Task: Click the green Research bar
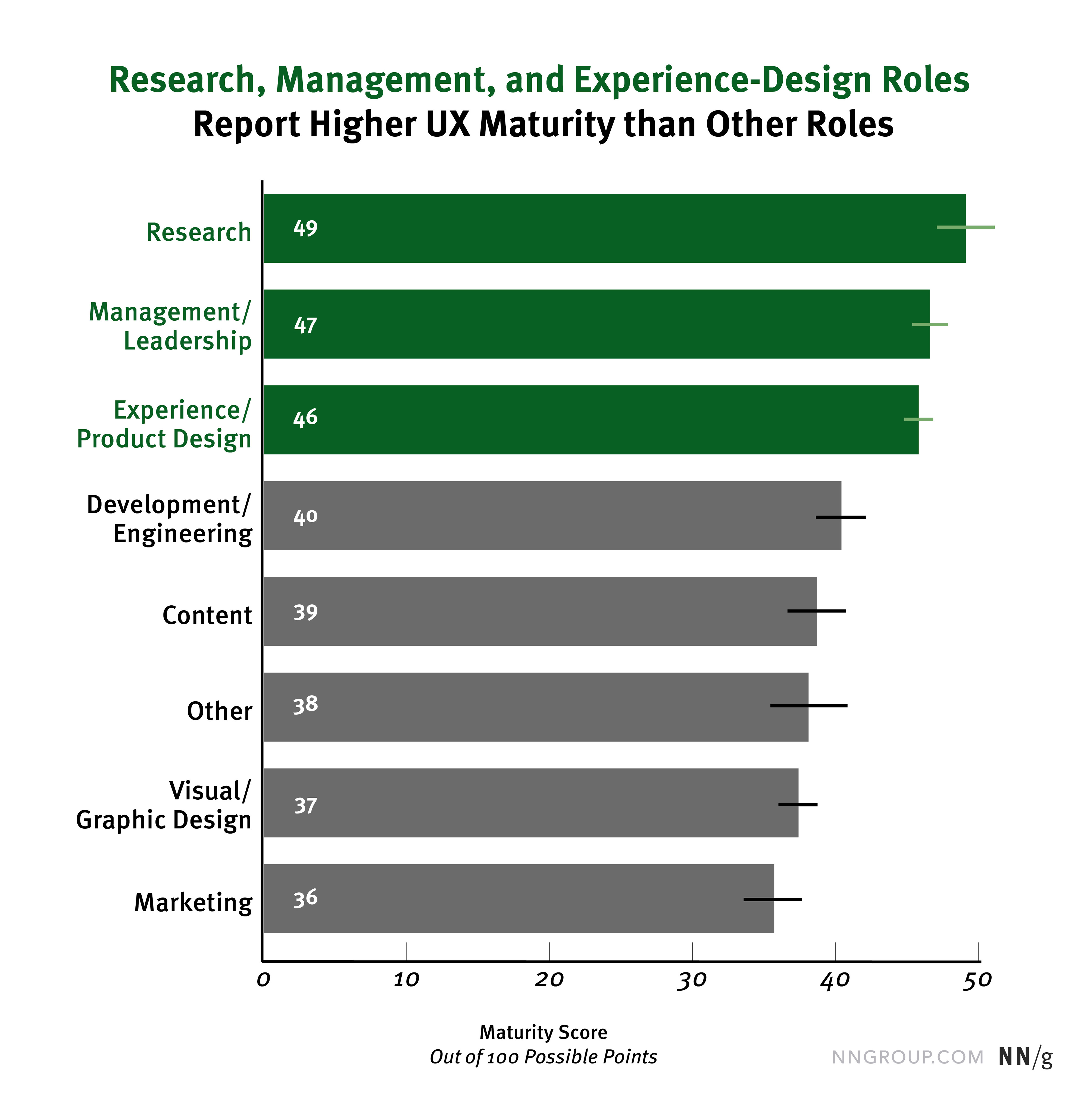614,228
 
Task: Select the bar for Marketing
518,898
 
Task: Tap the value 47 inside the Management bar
305,325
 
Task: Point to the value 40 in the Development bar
305,517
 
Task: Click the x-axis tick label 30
692,981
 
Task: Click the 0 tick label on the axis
263,981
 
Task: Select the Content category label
207,615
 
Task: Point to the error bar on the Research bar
966,227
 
